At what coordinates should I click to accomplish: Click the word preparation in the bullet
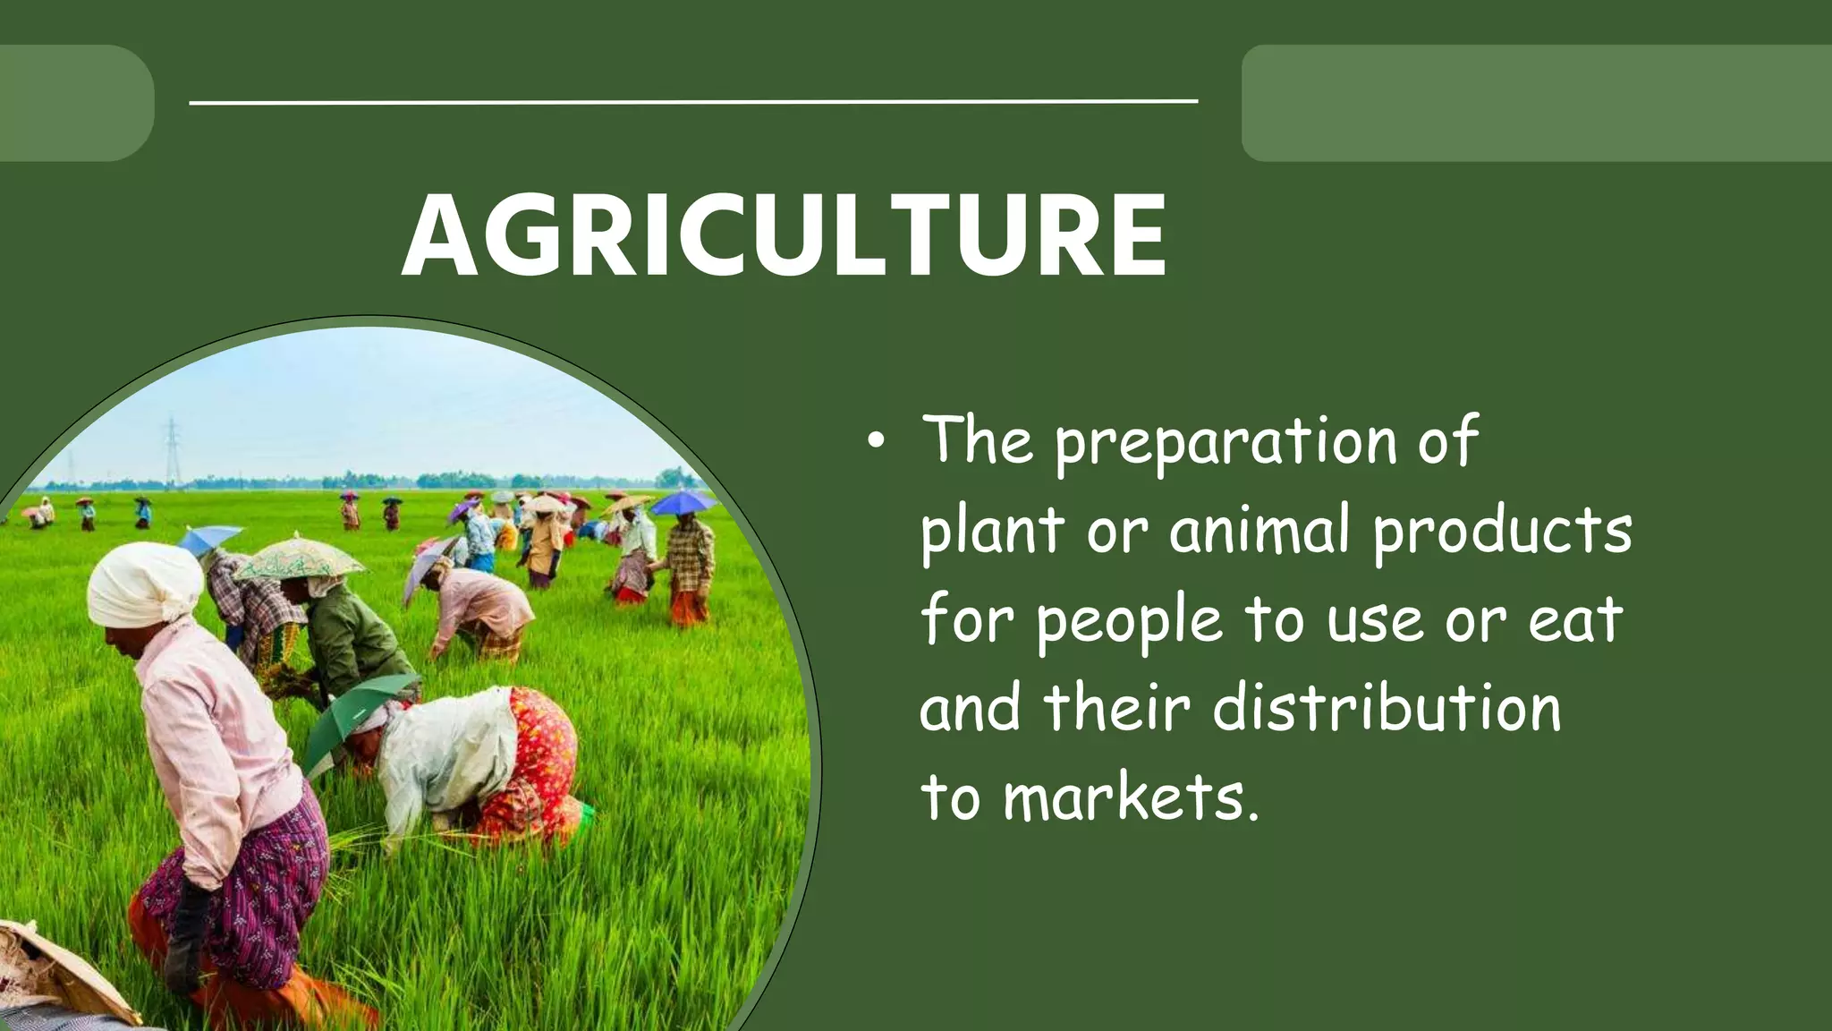point(1226,443)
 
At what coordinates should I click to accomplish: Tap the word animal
point(1259,530)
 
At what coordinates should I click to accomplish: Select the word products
point(1503,530)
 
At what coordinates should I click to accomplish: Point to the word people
point(1129,621)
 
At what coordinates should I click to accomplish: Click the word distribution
point(1387,707)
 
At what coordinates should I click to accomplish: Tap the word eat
point(1574,619)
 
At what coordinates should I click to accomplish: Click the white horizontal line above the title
point(693,102)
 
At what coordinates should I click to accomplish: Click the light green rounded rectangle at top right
point(1536,103)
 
